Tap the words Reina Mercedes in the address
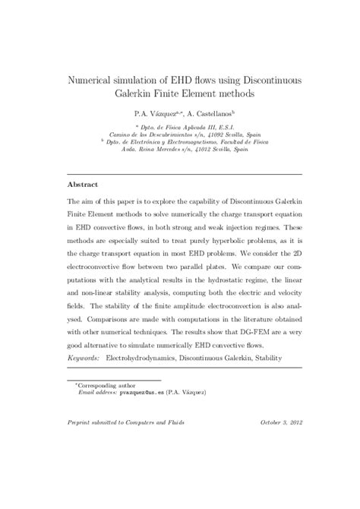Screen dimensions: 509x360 166,150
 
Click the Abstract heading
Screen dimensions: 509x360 84,185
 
